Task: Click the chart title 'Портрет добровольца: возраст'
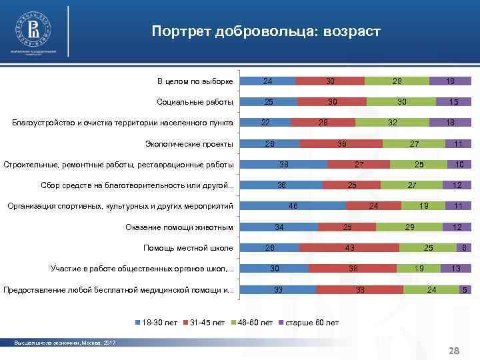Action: [265, 31]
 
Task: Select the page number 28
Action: [455, 351]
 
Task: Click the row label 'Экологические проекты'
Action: [189, 143]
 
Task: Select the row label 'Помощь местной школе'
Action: [188, 248]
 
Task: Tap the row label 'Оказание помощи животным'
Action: [179, 227]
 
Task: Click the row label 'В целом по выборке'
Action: [195, 81]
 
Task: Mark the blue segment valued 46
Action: [293, 207]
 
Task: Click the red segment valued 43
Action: [349, 248]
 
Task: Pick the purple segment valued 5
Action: [465, 290]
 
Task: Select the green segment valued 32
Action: [393, 123]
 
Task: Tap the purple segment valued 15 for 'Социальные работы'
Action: [453, 102]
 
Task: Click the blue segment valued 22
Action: [265, 123]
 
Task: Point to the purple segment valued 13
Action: [456, 269]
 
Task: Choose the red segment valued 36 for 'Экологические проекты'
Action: [341, 143]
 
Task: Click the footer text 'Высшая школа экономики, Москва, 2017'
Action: [65, 343]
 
